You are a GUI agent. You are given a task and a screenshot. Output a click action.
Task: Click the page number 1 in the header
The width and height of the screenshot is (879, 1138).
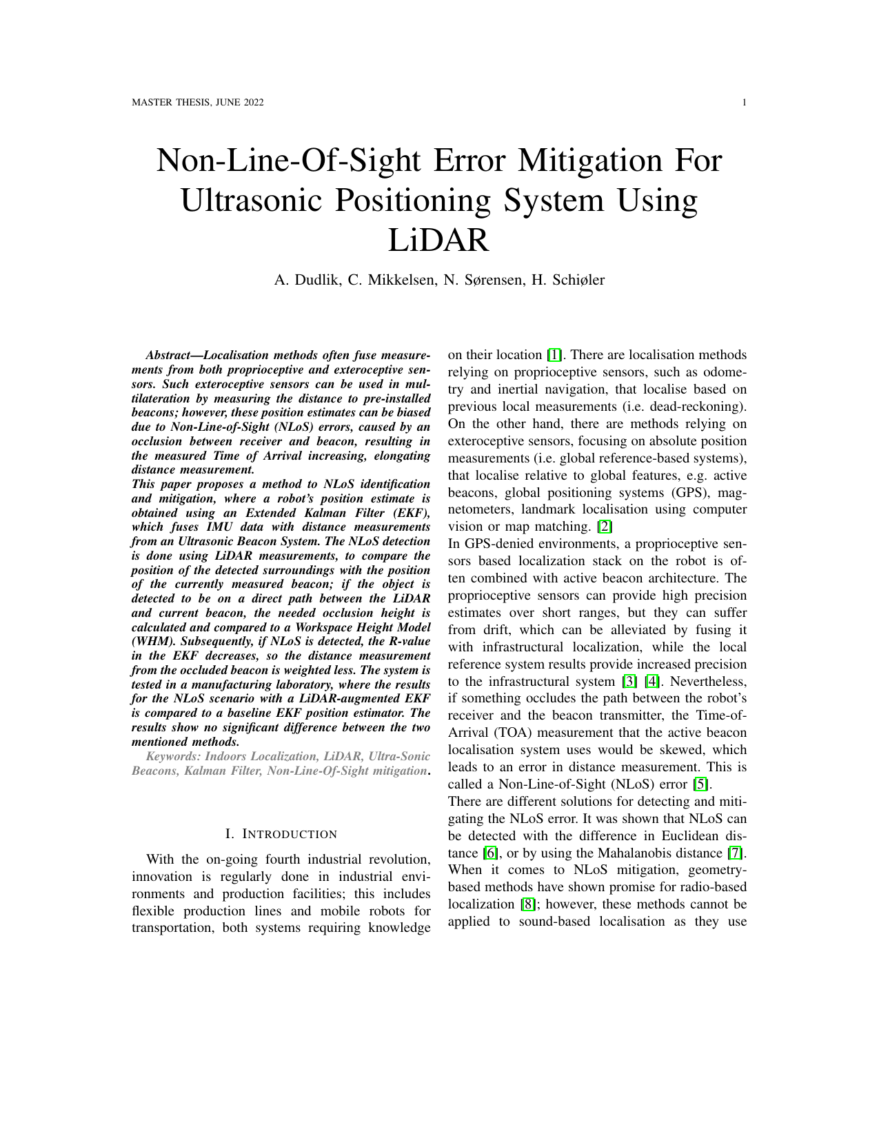(745, 103)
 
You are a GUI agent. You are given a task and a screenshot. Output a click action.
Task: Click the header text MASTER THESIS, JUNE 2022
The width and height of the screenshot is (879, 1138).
(197, 103)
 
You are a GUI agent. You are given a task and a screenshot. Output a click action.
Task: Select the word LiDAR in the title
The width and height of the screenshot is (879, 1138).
(438, 240)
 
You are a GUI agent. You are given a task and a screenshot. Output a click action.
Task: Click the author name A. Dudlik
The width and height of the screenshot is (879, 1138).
(305, 280)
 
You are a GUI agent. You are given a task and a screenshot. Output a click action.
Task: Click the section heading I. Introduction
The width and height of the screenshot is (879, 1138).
(281, 835)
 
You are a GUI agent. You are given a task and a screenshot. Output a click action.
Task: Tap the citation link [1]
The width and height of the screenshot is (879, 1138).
(554, 356)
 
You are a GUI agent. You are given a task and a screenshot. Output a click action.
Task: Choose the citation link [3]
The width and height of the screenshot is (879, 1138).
(629, 682)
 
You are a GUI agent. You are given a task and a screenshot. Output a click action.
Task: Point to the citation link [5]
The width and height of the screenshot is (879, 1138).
(701, 784)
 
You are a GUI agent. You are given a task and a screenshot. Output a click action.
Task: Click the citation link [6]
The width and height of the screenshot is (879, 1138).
(490, 853)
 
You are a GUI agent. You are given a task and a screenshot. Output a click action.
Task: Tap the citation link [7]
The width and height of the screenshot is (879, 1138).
(734, 853)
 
